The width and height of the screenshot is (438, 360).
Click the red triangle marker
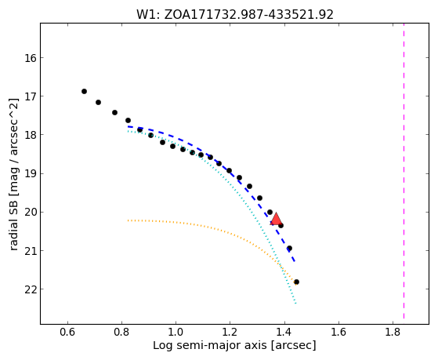[x=276, y=220]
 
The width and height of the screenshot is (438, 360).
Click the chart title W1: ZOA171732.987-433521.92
[x=235, y=14]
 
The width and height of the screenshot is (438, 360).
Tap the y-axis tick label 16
[x=31, y=58]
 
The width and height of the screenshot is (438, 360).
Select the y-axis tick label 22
[x=31, y=289]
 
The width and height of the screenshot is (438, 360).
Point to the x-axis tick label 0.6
[x=67, y=333]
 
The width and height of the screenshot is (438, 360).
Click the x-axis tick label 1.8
[x=393, y=333]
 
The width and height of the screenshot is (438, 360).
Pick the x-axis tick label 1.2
[x=230, y=333]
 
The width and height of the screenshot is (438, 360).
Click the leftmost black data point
[x=84, y=92]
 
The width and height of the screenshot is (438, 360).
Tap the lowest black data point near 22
[x=296, y=282]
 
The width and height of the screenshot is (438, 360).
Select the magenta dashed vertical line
[x=404, y=171]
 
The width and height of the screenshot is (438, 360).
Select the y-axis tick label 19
[x=31, y=173]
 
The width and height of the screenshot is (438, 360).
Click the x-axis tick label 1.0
[x=176, y=333]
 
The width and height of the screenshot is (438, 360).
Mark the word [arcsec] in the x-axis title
[x=293, y=346]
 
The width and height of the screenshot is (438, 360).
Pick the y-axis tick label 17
[x=31, y=96]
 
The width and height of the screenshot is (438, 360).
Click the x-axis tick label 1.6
[x=338, y=333]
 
